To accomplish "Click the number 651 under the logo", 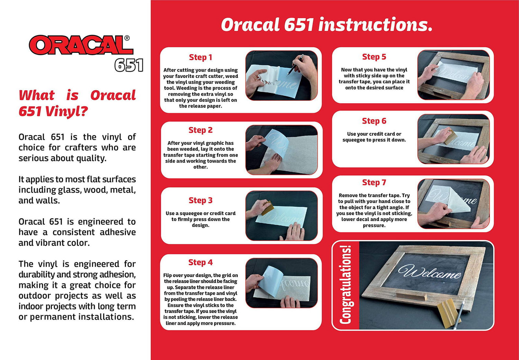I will (x=129, y=65).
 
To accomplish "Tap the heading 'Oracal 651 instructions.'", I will (x=326, y=25).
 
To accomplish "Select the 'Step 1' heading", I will (x=200, y=57).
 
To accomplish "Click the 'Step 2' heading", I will (x=200, y=130).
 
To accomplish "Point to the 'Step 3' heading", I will (x=200, y=200).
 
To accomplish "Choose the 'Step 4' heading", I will (x=200, y=262).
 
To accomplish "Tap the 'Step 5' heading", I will (x=374, y=57).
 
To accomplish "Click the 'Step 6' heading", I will (x=374, y=121).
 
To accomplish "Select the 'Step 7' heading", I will (x=374, y=182).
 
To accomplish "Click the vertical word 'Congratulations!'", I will (x=346, y=285).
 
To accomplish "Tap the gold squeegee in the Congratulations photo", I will (x=447, y=314).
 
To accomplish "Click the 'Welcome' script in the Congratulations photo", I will (x=429, y=272).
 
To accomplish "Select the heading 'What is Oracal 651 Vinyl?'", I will (x=77, y=103).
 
